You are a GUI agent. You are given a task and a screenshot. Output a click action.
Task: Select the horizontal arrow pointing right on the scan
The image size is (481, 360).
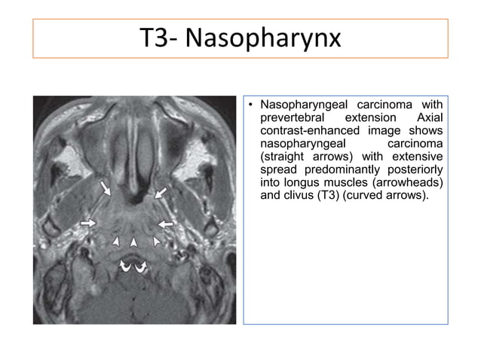(88, 223)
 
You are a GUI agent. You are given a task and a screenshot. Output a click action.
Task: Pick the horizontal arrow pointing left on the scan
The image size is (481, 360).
(166, 224)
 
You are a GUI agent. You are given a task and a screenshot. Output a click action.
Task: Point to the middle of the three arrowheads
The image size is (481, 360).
(133, 242)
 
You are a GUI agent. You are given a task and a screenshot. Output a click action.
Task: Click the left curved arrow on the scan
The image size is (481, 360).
(126, 264)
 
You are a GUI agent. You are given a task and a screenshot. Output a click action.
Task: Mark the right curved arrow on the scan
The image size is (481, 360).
(141, 264)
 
